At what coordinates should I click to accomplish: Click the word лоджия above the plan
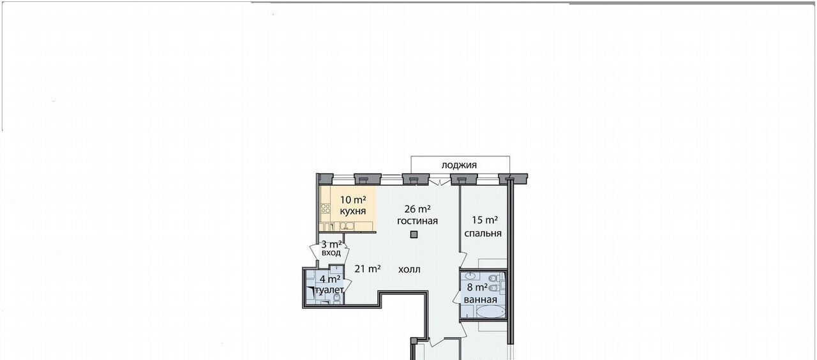(459, 165)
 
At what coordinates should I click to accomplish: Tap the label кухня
(353, 211)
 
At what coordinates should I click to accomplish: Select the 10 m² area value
(353, 200)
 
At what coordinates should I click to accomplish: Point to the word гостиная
(417, 221)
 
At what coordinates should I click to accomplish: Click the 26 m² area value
(417, 209)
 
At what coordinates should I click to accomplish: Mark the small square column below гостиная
(414, 234)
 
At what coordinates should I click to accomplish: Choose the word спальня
(483, 233)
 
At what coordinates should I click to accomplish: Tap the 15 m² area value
(485, 220)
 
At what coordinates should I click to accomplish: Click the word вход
(331, 252)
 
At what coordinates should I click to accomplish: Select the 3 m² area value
(331, 244)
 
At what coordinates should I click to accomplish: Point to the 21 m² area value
(368, 269)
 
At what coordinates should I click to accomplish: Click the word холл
(409, 269)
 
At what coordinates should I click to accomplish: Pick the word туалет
(329, 290)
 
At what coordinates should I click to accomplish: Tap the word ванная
(481, 299)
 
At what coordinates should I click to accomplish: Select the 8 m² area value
(477, 287)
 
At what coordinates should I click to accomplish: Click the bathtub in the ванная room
(491, 312)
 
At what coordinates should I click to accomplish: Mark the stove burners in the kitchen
(326, 209)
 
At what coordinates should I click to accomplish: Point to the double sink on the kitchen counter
(347, 226)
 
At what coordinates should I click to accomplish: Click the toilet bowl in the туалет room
(337, 298)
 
